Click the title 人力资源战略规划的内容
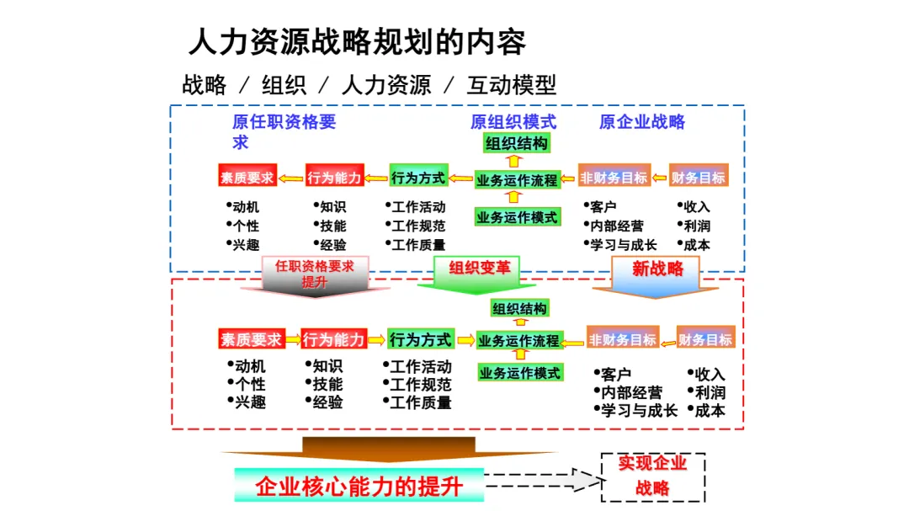pos(358,42)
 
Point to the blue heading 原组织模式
pos(513,122)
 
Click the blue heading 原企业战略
pos(641,122)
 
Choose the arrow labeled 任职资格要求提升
pos(315,275)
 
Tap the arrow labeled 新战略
pos(656,274)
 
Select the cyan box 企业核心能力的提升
pos(359,487)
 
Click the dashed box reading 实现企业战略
pos(652,476)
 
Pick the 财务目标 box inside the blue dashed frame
pos(698,178)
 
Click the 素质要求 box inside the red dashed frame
pos(250,340)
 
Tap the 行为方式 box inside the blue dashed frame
pos(418,178)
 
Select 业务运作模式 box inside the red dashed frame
pos(519,372)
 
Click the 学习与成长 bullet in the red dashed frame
pos(639,411)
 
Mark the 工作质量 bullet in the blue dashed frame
pos(418,245)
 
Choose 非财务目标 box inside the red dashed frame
pos(622,340)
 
